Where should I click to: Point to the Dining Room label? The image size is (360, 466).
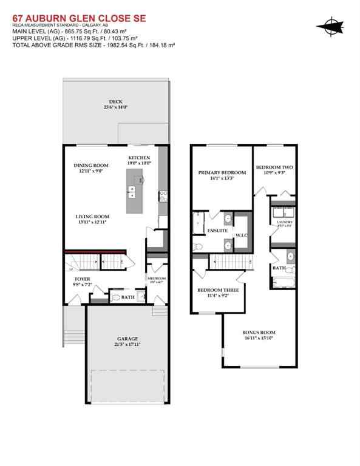coord(91,166)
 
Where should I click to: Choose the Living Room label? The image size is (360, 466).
coord(92,217)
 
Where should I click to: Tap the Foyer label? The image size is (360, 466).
coord(83,279)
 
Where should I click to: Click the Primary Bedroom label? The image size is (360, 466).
coord(222,173)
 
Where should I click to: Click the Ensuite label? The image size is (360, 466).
coord(217,231)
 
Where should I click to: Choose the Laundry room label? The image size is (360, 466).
coord(284,223)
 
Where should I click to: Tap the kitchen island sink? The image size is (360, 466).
coord(132,192)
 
